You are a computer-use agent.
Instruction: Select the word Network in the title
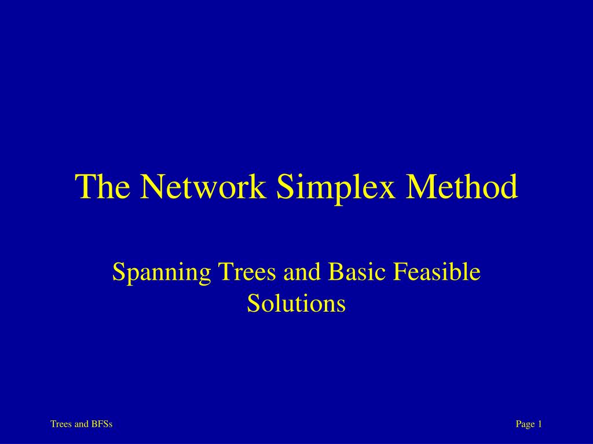click(x=200, y=187)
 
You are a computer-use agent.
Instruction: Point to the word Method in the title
click(x=463, y=187)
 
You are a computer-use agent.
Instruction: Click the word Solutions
click(x=296, y=303)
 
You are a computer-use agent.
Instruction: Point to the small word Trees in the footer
click(x=61, y=424)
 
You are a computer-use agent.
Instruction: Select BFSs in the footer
click(x=102, y=424)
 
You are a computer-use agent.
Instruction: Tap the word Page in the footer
click(x=525, y=424)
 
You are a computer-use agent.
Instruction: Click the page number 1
click(x=540, y=424)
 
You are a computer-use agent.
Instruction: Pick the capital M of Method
click(x=422, y=187)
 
